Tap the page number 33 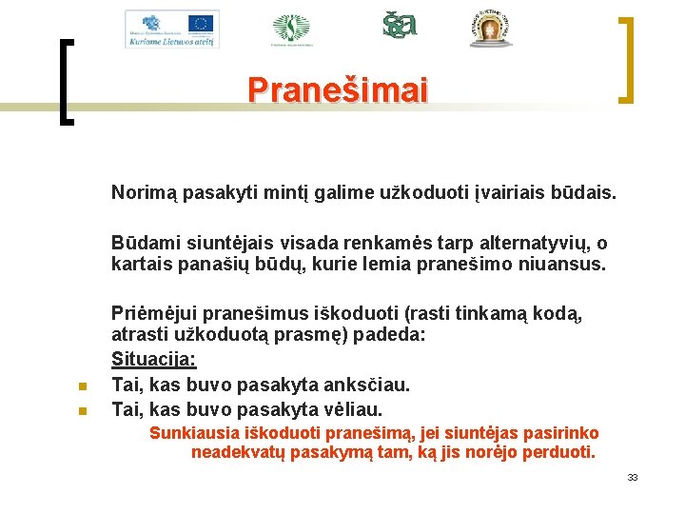point(632,477)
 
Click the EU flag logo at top point(201,23)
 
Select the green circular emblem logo point(290,29)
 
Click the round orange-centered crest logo point(490,30)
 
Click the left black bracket point(66,81)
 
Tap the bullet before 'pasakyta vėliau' point(83,411)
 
